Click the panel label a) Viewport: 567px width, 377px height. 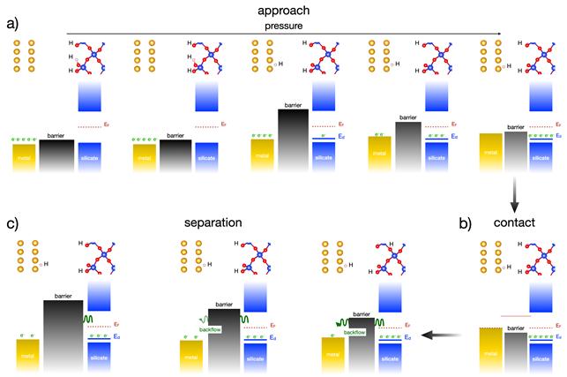pos(12,23)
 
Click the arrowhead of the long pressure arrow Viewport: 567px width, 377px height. pos(499,34)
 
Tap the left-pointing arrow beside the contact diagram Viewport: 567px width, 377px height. pos(438,335)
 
